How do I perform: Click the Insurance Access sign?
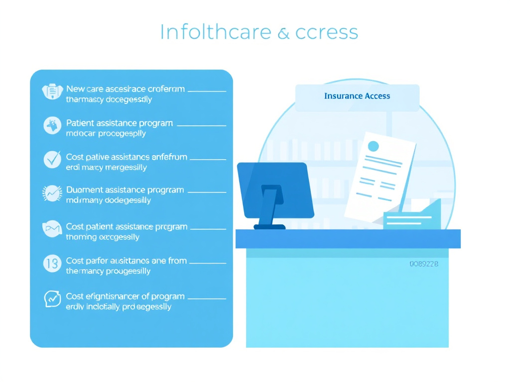tap(357, 97)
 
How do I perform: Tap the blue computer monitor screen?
tap(275, 189)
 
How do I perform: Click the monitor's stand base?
tap(269, 227)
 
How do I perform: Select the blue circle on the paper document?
tap(373, 146)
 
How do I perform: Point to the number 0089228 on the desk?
tap(424, 264)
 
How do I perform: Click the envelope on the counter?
tap(412, 215)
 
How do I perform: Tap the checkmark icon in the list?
tap(52, 159)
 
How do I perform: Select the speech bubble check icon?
tap(52, 298)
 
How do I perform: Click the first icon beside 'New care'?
tap(52, 92)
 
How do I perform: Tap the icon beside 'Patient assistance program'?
tap(52, 125)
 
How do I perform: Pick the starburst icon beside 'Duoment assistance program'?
tap(52, 192)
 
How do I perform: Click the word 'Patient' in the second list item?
tap(80, 123)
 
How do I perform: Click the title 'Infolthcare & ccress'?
tap(258, 32)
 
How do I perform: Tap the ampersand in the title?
tap(283, 33)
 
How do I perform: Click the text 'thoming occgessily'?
tap(103, 237)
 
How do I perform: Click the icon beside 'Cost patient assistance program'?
tap(52, 229)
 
